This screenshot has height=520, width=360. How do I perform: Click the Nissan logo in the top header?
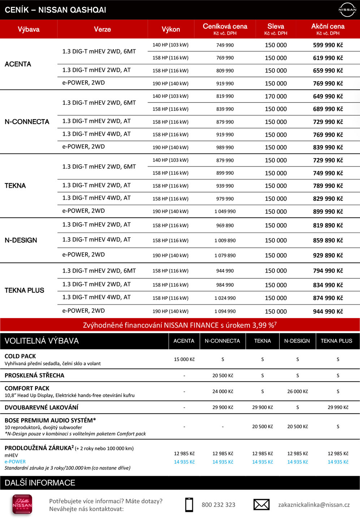pyautogui.click(x=347, y=10)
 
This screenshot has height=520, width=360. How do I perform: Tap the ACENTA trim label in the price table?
pyautogui.click(x=18, y=64)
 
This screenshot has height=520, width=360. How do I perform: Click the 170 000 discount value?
pyautogui.click(x=276, y=96)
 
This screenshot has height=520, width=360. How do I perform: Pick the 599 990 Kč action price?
pyautogui.click(x=328, y=45)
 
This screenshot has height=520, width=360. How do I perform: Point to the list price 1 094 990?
pyautogui.click(x=225, y=311)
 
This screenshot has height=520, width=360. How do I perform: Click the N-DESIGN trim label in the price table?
pyautogui.click(x=21, y=240)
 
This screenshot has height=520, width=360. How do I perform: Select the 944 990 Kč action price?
pyautogui.click(x=328, y=311)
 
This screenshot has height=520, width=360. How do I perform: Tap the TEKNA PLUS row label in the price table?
pyautogui.click(x=24, y=290)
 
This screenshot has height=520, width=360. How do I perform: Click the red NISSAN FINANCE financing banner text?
pyautogui.click(x=180, y=325)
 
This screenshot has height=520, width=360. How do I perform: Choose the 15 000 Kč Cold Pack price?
pyautogui.click(x=184, y=359)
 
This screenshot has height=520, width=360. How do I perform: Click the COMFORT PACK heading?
pyautogui.click(x=27, y=388)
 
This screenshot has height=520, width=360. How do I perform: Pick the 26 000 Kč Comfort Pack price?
pyautogui.click(x=298, y=391)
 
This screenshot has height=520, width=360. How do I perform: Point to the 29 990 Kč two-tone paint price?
pyautogui.click(x=338, y=407)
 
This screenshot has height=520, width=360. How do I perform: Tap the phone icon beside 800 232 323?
pyautogui.click(x=189, y=504)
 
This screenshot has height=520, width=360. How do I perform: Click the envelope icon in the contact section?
pyautogui.click(x=261, y=504)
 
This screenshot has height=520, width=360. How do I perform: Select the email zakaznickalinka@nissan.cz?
pyautogui.click(x=314, y=505)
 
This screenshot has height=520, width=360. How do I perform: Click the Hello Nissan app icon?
pyautogui.click(x=22, y=504)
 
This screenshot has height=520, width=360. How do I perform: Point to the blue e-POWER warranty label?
pyautogui.click(x=15, y=462)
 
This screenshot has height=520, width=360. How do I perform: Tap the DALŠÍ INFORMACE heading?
pyautogui.click(x=40, y=483)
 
